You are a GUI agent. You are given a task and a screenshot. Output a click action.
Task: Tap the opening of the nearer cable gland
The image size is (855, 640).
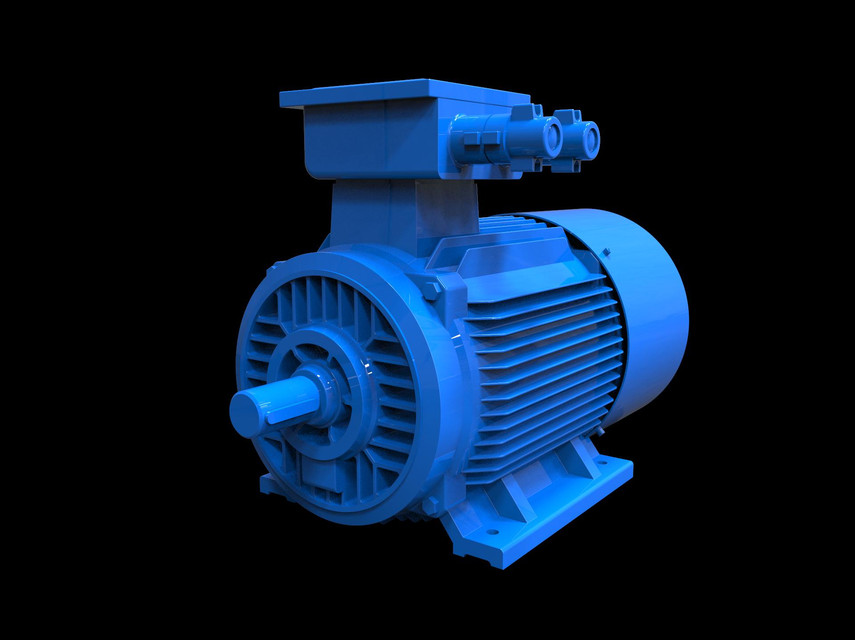551,136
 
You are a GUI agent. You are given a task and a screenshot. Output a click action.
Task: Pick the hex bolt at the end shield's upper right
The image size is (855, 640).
432,290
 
